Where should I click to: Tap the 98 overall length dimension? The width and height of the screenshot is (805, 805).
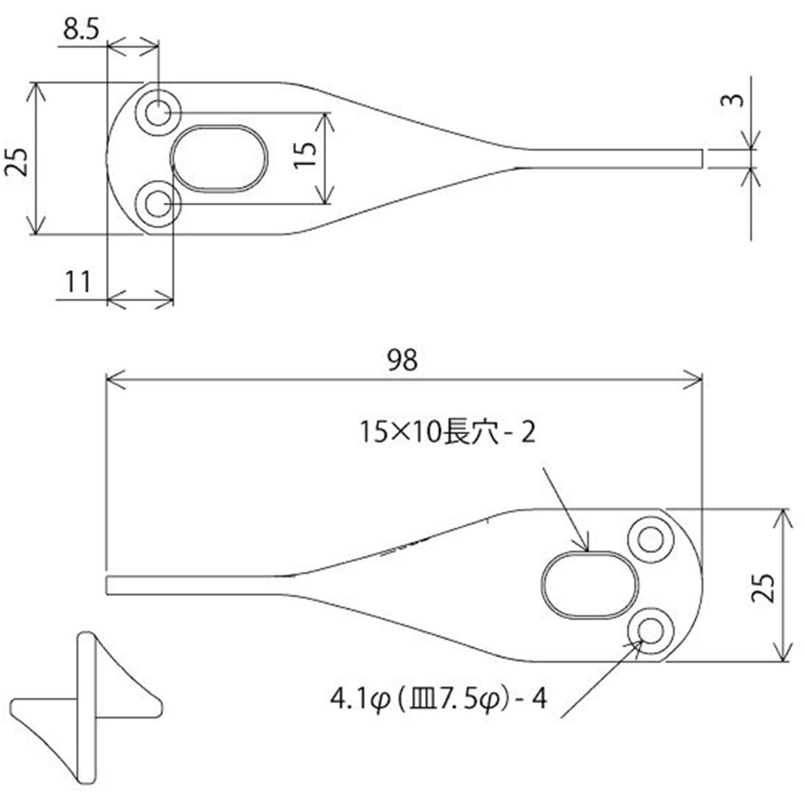click(402, 360)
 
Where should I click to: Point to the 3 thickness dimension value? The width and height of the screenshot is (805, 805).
click(733, 100)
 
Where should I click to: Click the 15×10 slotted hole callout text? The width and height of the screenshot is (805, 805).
click(447, 433)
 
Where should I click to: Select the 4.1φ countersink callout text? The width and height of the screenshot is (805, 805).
click(438, 700)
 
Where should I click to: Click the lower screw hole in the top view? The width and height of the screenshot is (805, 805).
click(158, 204)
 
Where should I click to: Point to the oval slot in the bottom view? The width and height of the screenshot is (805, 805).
click(590, 585)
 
